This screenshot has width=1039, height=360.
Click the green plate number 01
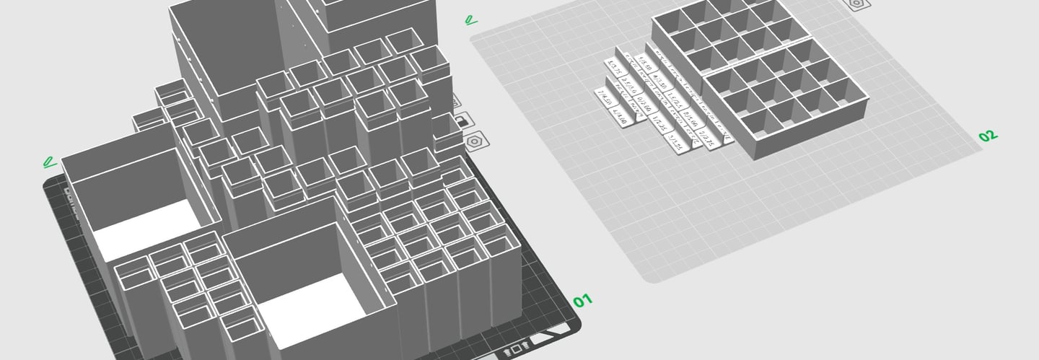(582, 299)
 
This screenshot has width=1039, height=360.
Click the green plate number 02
(987, 135)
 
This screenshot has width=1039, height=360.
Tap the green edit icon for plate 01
(49, 161)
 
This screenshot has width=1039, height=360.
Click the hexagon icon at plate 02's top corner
(856, 4)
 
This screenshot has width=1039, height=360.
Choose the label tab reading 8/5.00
(689, 117)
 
